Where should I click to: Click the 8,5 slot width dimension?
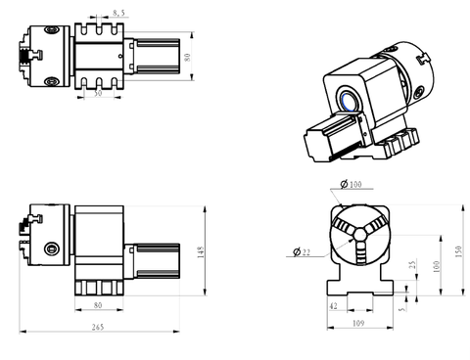(x=118, y=14)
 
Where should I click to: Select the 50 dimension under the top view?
(x=99, y=95)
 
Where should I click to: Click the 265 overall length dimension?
(x=95, y=327)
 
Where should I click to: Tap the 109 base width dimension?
(x=357, y=322)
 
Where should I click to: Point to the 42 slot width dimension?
(x=334, y=305)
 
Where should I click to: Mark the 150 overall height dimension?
(x=457, y=250)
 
